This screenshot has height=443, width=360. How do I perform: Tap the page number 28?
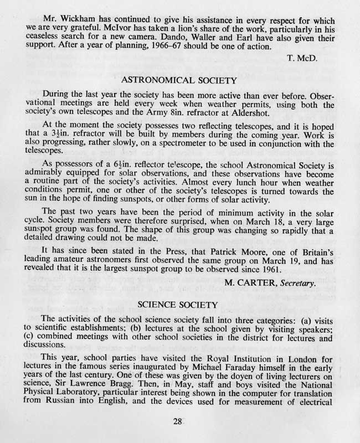point(178,421)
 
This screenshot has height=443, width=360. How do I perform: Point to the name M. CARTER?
point(252,284)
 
